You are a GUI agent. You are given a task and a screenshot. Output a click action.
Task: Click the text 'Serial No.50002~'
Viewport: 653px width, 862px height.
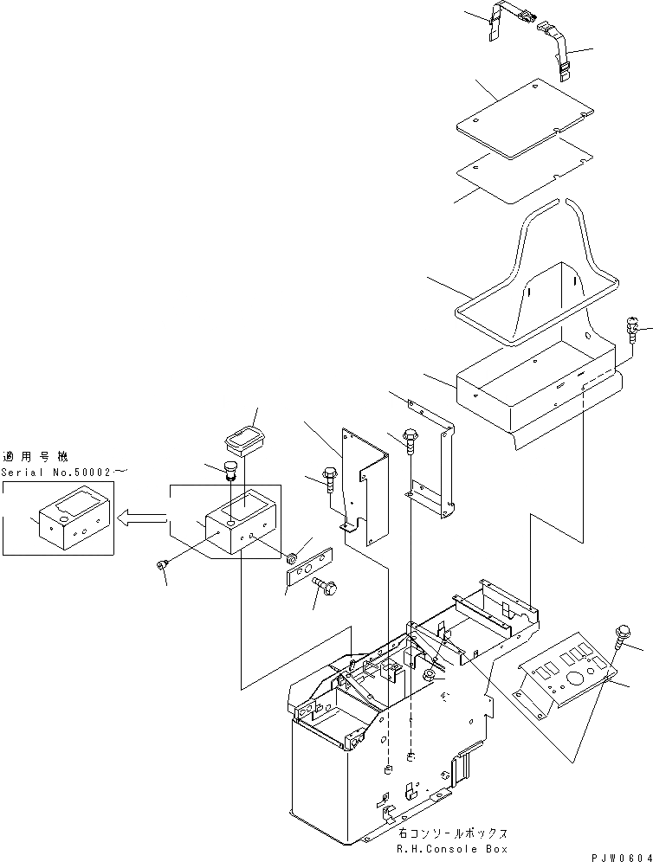[64, 473]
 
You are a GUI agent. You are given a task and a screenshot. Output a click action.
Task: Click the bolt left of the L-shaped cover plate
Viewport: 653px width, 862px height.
[330, 477]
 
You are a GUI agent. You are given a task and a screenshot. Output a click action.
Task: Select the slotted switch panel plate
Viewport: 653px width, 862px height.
[568, 675]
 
